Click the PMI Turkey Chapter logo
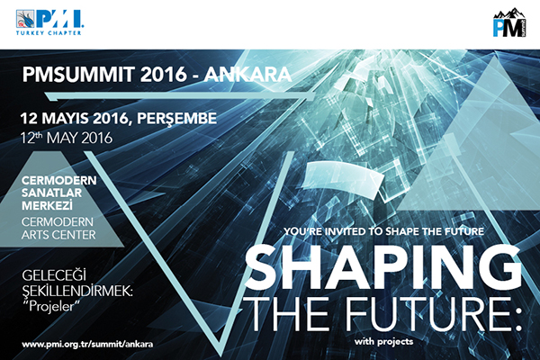click(x=49, y=22)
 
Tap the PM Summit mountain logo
click(x=509, y=22)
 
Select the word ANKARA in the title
click(x=247, y=74)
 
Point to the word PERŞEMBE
click(x=176, y=119)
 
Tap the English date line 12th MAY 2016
click(x=66, y=138)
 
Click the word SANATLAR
click(x=51, y=193)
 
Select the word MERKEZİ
click(x=47, y=205)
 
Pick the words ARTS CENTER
click(x=58, y=235)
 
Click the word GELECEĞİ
click(x=54, y=275)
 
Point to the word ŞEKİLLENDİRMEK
click(x=77, y=292)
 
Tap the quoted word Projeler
click(x=51, y=306)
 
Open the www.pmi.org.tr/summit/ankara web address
click(x=87, y=344)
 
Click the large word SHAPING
click(x=382, y=267)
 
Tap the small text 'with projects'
click(x=383, y=342)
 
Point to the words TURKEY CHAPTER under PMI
click(x=49, y=33)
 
